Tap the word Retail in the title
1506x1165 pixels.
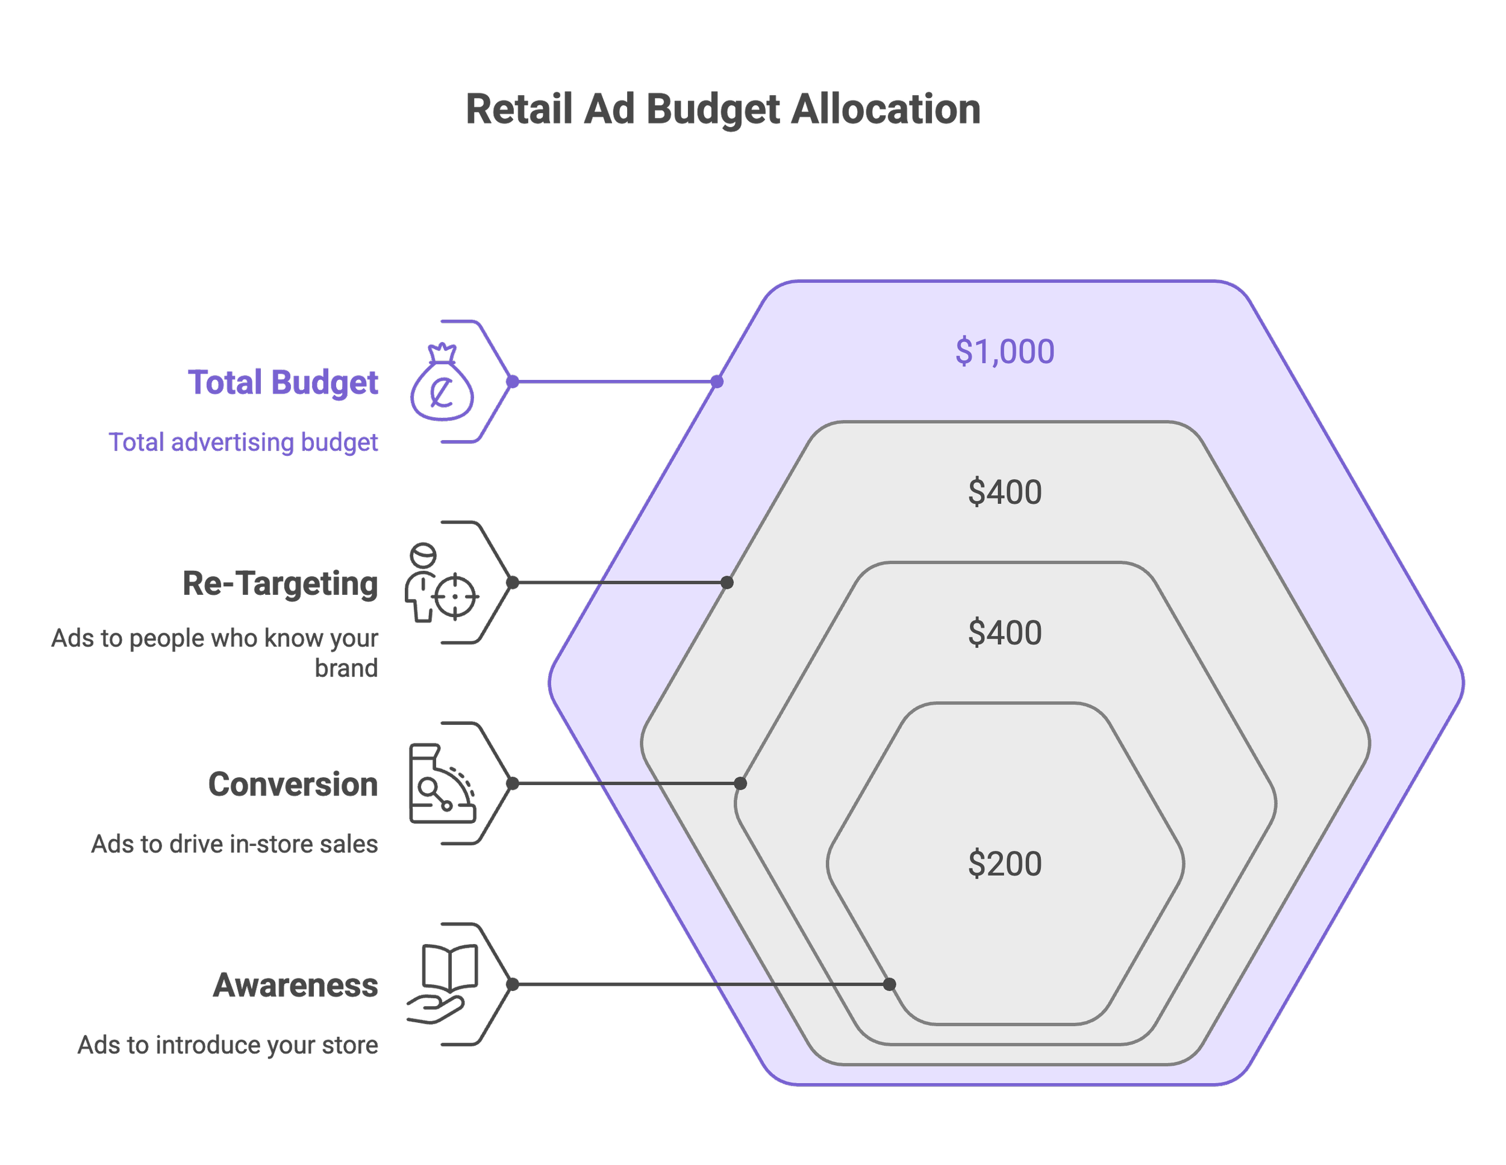click(519, 110)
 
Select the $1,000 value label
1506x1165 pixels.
click(1004, 352)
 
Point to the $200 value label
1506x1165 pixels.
click(1004, 864)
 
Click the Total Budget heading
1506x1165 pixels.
click(283, 382)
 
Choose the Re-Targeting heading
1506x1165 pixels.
click(280, 584)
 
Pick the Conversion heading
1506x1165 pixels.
click(293, 784)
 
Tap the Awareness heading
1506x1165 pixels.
click(296, 985)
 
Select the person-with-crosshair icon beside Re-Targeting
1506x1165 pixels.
click(442, 584)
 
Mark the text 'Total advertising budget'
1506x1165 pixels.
click(243, 443)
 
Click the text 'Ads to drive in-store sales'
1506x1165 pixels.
click(234, 843)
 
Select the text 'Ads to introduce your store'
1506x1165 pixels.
click(228, 1045)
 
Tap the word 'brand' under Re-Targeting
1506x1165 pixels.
click(346, 668)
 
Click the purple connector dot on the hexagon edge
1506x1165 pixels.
click(717, 381)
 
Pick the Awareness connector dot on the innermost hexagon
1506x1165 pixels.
click(890, 984)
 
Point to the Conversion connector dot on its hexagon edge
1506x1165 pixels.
click(740, 784)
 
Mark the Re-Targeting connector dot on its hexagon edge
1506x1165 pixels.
click(727, 583)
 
